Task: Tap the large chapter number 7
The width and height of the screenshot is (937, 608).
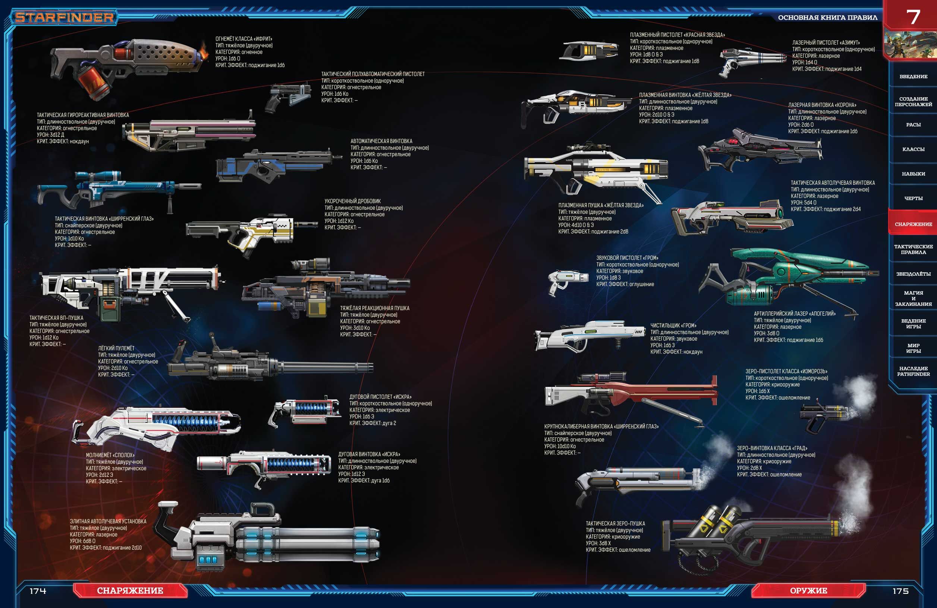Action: point(913,17)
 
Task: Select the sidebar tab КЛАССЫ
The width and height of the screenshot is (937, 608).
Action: point(914,149)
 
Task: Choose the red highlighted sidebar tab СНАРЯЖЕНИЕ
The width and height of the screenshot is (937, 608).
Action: point(914,224)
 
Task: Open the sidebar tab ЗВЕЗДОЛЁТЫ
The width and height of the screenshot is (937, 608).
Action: point(914,274)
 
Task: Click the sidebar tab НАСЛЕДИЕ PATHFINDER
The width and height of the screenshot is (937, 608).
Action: point(914,371)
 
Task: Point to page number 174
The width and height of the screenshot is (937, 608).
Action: point(38,591)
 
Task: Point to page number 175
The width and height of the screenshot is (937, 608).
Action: point(900,591)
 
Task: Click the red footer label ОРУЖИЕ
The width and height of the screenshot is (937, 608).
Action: point(808,590)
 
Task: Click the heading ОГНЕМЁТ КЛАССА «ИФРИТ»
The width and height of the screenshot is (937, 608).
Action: point(243,39)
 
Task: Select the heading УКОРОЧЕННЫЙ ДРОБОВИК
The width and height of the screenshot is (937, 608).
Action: point(352,201)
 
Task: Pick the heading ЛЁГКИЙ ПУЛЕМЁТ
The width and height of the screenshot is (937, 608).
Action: point(116,348)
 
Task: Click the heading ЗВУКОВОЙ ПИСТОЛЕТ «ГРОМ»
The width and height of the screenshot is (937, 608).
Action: point(627,258)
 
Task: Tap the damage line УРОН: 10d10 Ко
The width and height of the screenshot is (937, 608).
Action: point(559,446)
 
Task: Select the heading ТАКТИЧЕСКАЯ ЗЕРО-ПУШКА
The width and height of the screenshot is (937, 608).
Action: point(615,523)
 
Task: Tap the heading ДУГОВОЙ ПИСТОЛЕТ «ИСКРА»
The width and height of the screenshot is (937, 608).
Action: point(380,397)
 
